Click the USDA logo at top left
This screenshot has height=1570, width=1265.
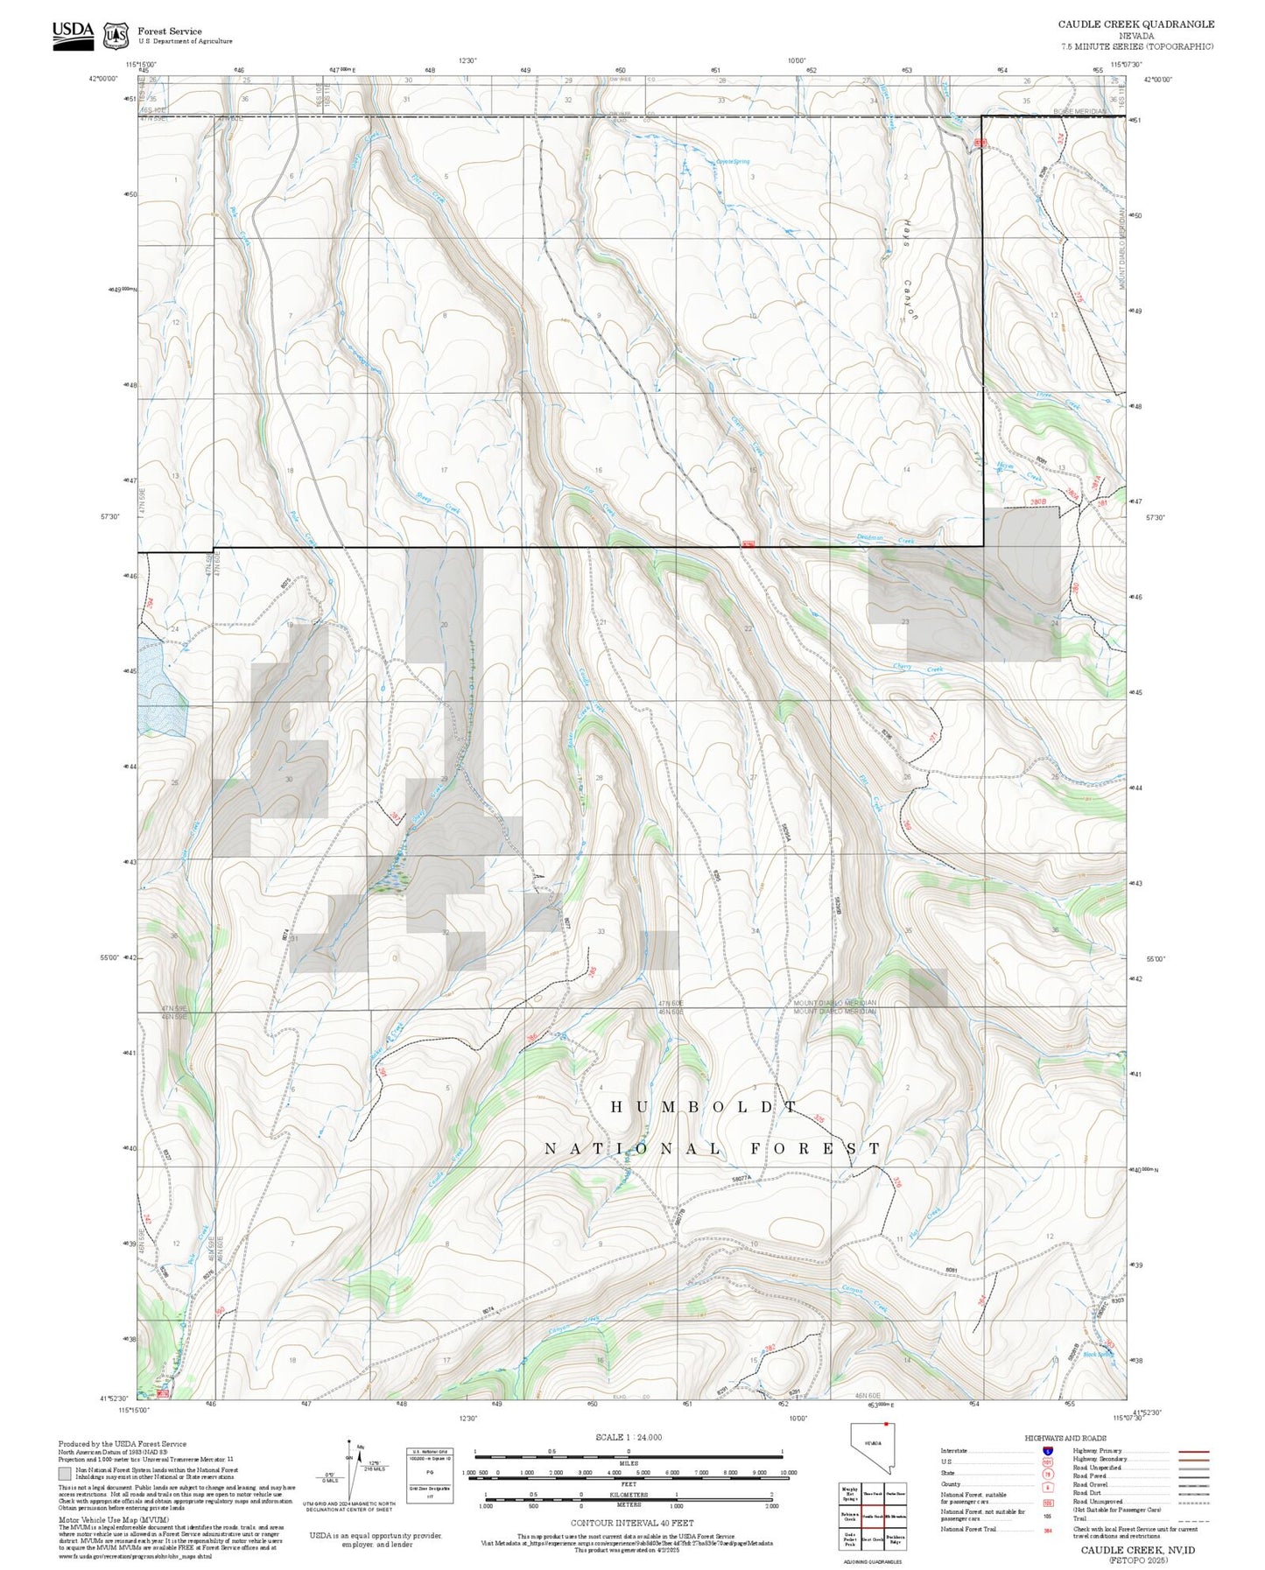73,35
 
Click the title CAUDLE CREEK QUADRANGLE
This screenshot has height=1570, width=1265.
1135,25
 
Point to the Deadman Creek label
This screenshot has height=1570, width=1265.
893,540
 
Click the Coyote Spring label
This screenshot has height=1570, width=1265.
734,161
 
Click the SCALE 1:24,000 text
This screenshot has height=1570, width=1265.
628,1437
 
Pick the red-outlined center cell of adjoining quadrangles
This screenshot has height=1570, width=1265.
871,1516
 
